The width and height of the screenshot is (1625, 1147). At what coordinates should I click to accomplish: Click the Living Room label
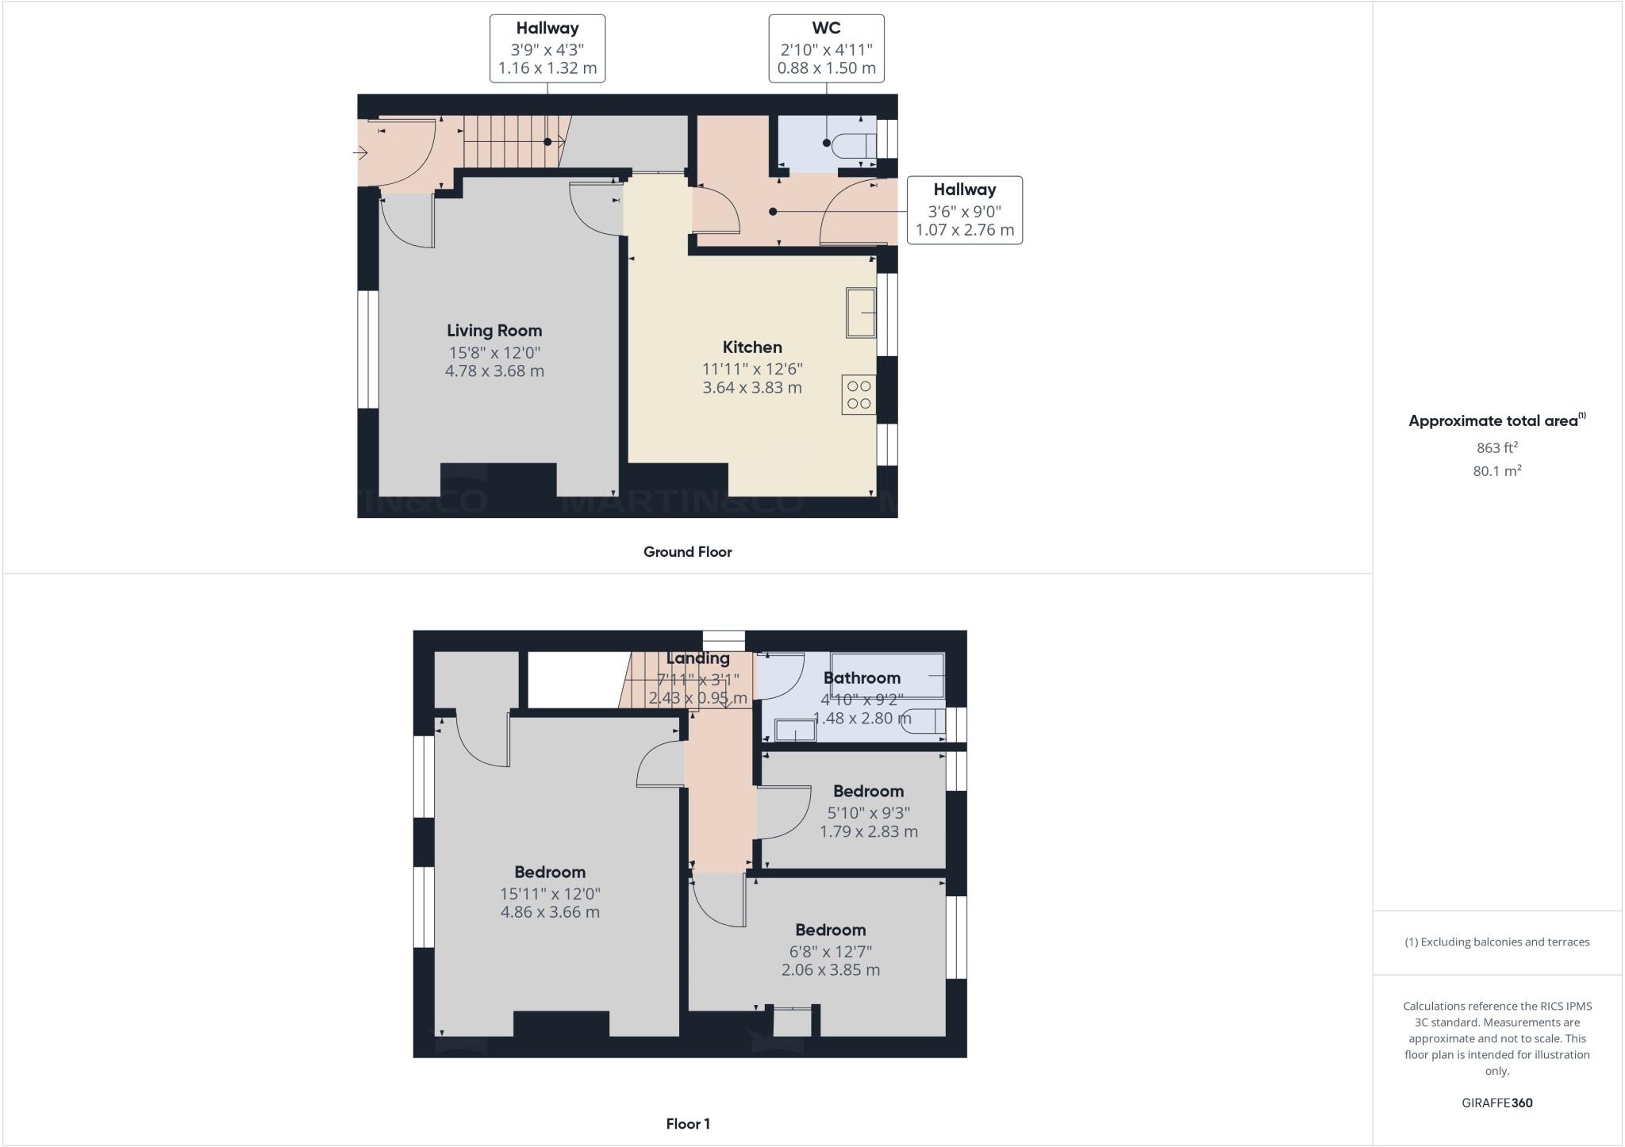[x=494, y=331]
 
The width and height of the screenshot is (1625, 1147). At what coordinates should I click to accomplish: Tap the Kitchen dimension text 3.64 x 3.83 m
[x=752, y=388]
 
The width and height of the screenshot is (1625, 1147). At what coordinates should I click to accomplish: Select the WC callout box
[x=826, y=48]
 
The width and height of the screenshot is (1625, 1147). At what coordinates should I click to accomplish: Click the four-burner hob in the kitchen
[x=859, y=394]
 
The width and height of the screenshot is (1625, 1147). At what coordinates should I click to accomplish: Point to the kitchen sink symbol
[x=860, y=313]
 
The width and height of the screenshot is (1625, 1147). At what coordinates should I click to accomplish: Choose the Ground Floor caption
[x=687, y=552]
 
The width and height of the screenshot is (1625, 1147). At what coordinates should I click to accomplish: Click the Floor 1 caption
[x=687, y=1124]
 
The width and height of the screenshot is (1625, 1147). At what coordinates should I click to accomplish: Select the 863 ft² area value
[x=1496, y=447]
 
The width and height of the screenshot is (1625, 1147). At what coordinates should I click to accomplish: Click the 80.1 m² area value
[x=1496, y=471]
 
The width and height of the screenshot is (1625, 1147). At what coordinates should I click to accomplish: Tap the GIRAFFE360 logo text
[x=1496, y=1103]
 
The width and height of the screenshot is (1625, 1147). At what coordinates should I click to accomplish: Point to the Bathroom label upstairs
[x=862, y=678]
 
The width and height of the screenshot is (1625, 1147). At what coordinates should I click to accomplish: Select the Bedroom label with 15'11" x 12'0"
[x=549, y=873]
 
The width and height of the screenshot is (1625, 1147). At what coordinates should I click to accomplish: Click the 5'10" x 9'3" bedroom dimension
[x=868, y=813]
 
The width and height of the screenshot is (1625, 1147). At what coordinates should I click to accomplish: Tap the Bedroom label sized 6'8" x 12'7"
[x=830, y=930]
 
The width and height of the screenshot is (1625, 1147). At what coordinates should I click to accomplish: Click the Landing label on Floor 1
[x=697, y=658]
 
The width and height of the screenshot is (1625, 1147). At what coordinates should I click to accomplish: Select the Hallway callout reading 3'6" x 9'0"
[x=964, y=210]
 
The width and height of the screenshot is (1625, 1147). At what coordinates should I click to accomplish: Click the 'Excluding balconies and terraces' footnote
[x=1496, y=942]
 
